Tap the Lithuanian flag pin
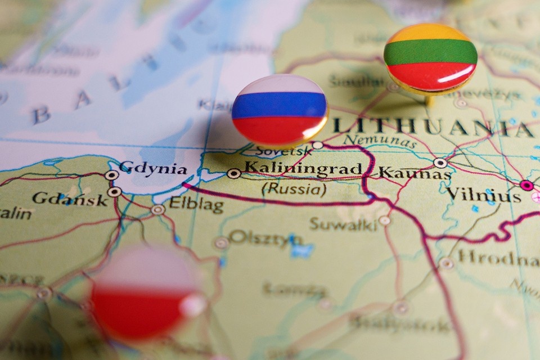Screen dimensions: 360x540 [x=430, y=56]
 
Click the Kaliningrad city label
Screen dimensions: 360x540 [x=303, y=168]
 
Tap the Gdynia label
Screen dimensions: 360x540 [x=153, y=168]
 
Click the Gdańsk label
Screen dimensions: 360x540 [x=69, y=198]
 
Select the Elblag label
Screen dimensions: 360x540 [x=196, y=205]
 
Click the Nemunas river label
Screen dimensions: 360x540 [x=380, y=142]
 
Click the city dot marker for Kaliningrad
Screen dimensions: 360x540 [x=233, y=173]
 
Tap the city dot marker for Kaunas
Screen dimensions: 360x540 [x=440, y=163]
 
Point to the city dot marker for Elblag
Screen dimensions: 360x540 [x=158, y=210]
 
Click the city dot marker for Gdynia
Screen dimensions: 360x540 [x=111, y=174]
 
